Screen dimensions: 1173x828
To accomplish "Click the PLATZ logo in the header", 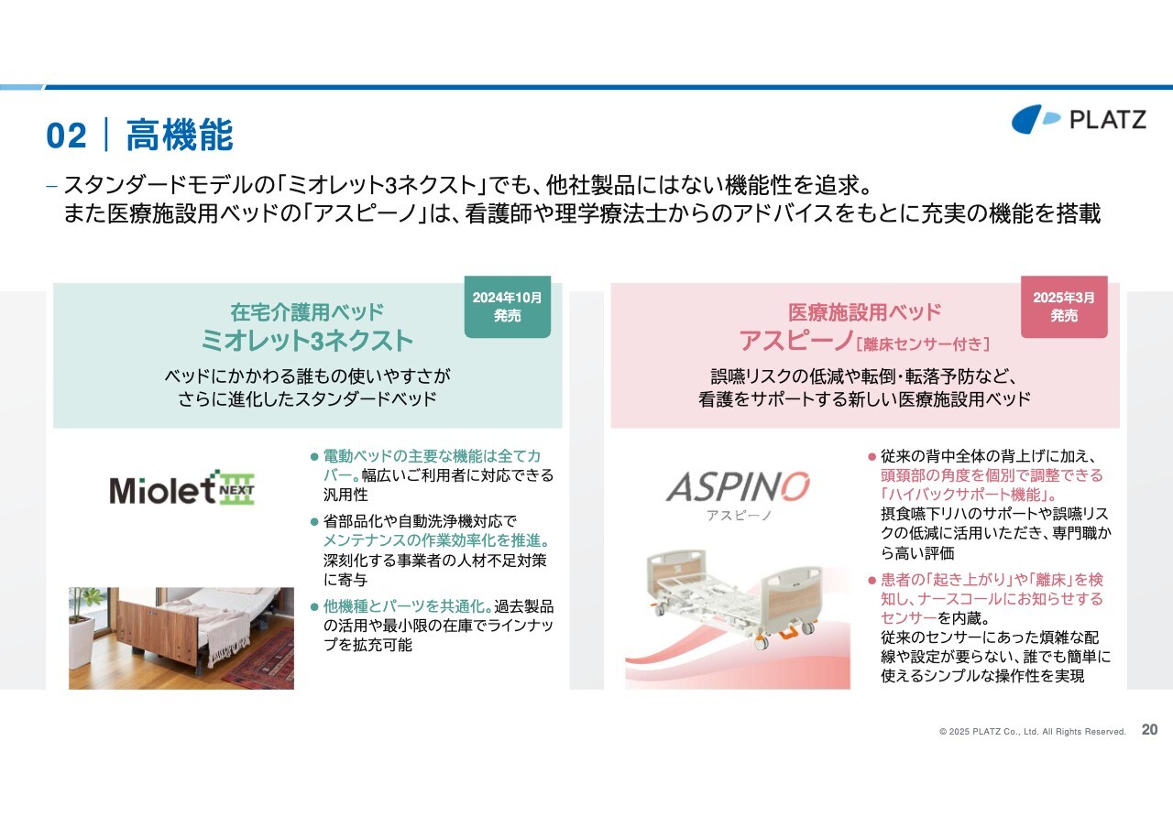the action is [x=1079, y=119].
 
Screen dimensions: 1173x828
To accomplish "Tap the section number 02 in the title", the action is [x=66, y=136].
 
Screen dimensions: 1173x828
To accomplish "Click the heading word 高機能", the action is [x=180, y=135].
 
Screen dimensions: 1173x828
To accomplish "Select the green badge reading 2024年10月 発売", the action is [x=507, y=307].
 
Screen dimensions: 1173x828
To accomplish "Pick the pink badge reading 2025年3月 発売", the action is [x=1064, y=307].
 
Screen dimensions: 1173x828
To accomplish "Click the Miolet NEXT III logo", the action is [x=181, y=487].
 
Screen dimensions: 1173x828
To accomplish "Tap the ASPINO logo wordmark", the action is [x=738, y=486].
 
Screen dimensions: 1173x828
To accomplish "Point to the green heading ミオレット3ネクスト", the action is [x=307, y=341].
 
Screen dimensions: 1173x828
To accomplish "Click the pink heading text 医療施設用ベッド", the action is [x=864, y=312].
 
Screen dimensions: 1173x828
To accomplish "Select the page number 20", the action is [x=1149, y=730].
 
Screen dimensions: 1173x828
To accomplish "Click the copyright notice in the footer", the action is [x=1032, y=732].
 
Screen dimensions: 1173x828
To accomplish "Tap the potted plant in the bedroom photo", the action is [x=83, y=623].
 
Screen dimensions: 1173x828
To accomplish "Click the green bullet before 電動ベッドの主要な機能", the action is [x=314, y=457].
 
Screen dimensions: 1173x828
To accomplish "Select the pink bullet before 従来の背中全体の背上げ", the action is [x=872, y=457].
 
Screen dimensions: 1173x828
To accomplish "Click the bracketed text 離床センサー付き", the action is [x=922, y=343].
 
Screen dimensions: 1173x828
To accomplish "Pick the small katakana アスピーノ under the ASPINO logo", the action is [x=739, y=516].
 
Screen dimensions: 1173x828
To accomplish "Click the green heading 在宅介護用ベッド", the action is [x=307, y=312].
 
